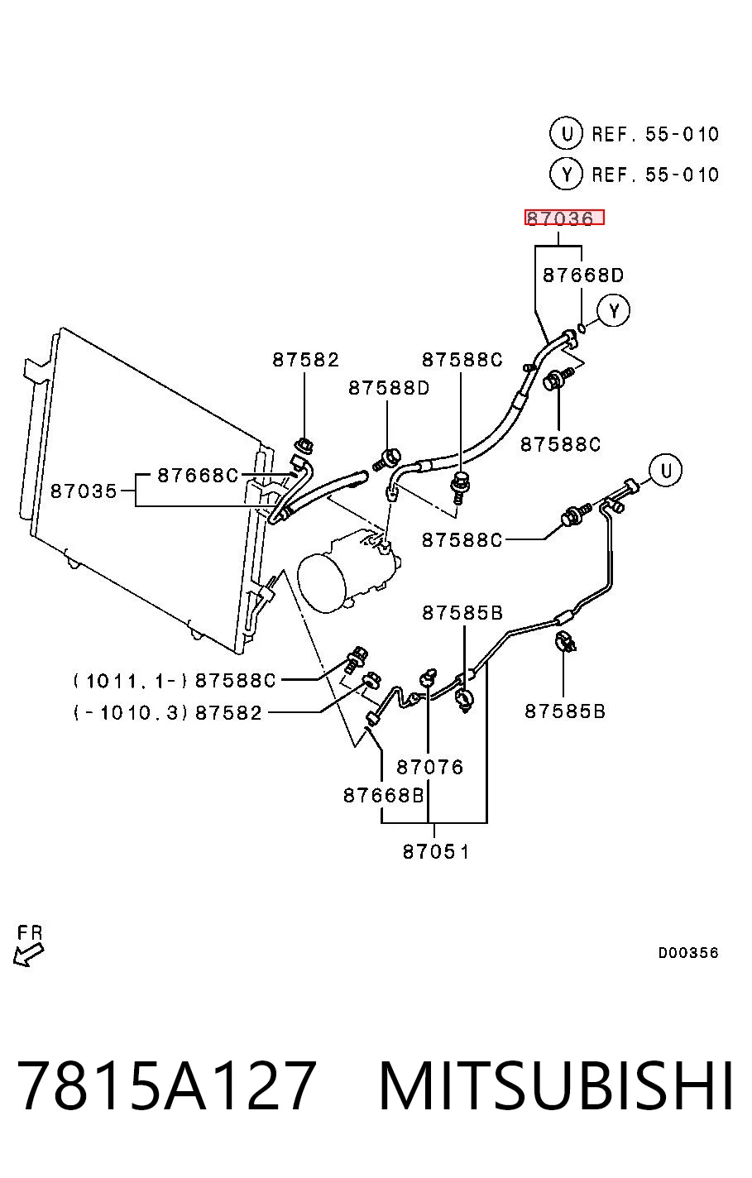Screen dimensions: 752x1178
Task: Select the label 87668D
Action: click(582, 275)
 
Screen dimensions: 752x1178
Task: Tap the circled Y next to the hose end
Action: click(614, 311)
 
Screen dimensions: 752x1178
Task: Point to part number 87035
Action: click(84, 491)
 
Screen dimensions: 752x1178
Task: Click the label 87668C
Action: click(198, 476)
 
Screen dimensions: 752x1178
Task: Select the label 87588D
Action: click(389, 388)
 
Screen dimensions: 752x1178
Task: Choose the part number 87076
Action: click(429, 768)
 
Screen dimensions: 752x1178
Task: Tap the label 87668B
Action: click(383, 796)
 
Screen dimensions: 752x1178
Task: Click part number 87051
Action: click(435, 851)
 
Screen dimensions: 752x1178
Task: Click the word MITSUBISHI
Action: click(555, 1085)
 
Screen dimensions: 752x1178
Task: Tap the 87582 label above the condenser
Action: click(305, 360)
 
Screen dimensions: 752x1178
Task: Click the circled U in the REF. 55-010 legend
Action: click(566, 133)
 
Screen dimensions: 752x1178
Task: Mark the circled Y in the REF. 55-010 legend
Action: click(566, 174)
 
